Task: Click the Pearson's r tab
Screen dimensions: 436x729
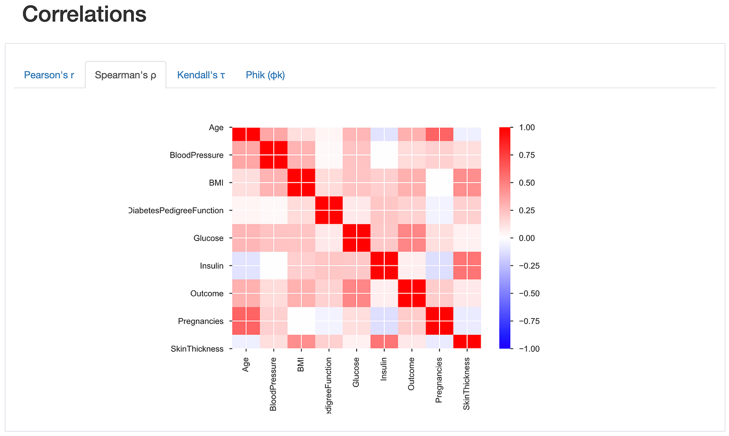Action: tap(49, 75)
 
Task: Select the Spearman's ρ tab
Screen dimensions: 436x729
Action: tap(125, 75)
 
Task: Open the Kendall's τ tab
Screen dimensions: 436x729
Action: tap(201, 75)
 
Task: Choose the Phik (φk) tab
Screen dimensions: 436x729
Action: tap(265, 75)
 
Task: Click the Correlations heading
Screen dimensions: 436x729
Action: tap(84, 14)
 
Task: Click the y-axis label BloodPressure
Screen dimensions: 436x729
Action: tap(196, 155)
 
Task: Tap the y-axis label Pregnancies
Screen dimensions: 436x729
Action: tap(200, 321)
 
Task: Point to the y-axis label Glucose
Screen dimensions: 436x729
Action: tap(208, 238)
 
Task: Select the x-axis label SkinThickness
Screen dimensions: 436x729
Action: tap(467, 383)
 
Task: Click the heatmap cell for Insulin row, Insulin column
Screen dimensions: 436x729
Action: tap(384, 265)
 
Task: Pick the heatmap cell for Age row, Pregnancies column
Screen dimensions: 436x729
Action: tap(439, 135)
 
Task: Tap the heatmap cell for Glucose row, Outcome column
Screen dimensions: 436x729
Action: tap(411, 238)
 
